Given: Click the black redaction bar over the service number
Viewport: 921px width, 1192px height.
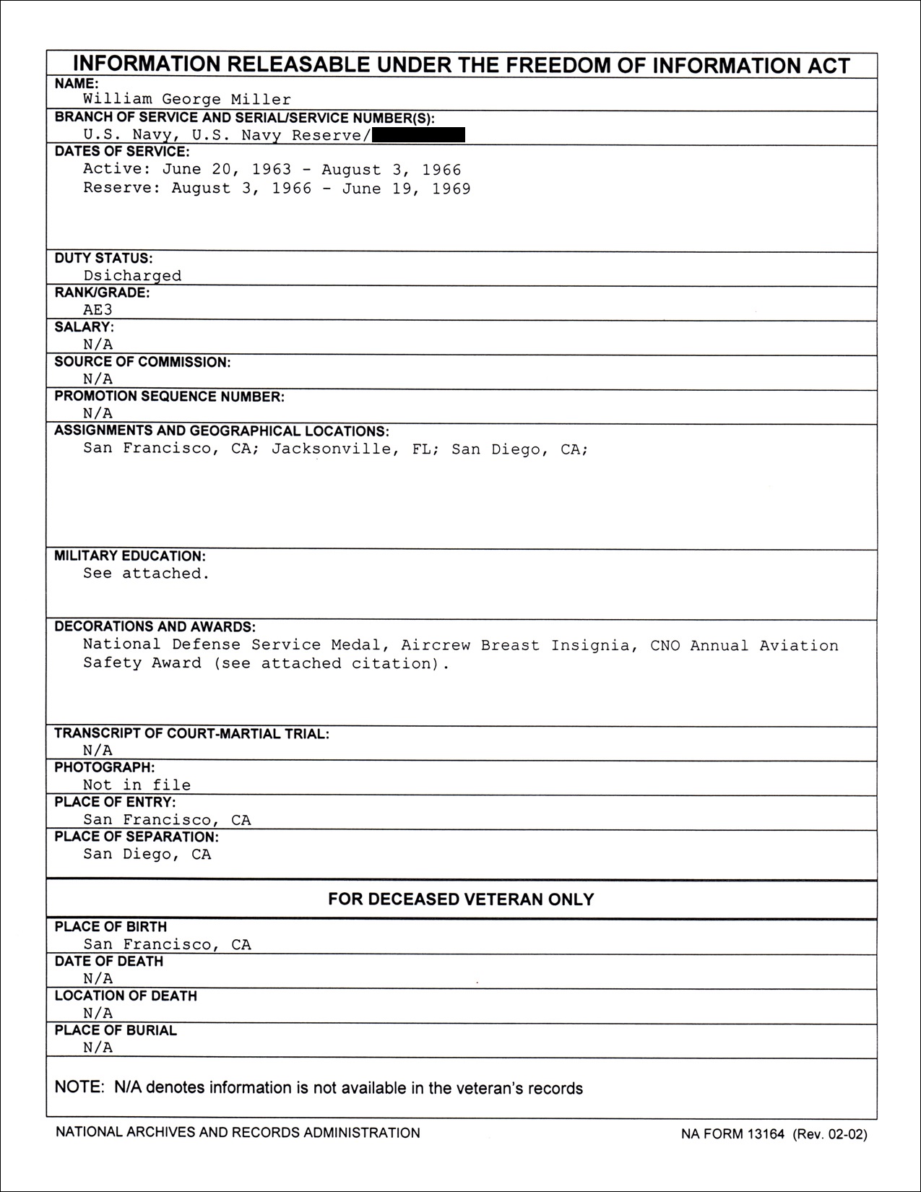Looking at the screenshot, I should (x=419, y=134).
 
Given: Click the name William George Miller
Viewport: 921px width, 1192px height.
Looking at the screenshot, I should (x=187, y=100).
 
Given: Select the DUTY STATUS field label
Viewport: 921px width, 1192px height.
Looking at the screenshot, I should (x=103, y=258).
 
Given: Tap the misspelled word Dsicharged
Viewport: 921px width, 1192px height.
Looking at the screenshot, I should (x=132, y=275).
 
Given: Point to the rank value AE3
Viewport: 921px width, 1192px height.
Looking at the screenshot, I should (x=98, y=310).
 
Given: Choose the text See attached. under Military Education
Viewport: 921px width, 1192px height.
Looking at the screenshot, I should (x=146, y=573).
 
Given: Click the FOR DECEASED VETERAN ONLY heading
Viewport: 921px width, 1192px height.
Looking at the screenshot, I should (x=461, y=899).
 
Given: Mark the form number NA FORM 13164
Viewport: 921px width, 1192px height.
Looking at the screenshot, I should (x=732, y=1134).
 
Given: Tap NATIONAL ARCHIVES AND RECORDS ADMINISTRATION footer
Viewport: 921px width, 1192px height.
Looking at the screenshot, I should (x=238, y=1133).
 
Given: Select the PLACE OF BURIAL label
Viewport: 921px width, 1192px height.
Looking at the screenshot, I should (x=116, y=1030).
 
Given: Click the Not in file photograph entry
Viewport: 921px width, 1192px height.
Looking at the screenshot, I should (x=137, y=785).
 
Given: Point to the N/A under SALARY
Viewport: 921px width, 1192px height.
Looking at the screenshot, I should (x=98, y=345).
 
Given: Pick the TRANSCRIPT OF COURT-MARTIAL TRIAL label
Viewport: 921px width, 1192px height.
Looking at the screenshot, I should (x=191, y=733).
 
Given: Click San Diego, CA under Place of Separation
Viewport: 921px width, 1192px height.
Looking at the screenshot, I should (x=147, y=854).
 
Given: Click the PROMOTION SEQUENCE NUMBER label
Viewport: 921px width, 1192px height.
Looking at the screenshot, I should (x=169, y=396).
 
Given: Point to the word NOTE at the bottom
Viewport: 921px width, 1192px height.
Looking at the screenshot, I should (x=79, y=1088).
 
